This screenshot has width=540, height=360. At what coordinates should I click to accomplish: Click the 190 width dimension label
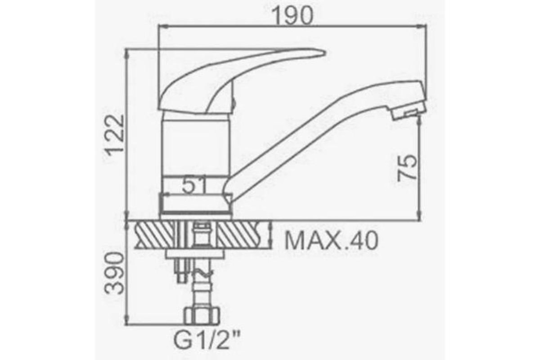click(293, 15)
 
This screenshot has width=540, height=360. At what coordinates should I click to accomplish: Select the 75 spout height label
click(407, 167)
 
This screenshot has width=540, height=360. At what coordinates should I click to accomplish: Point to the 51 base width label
click(194, 185)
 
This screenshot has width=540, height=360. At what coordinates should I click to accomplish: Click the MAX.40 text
click(331, 240)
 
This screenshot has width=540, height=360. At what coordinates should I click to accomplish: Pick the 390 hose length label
click(114, 273)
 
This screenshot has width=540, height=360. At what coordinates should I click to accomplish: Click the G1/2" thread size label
click(207, 341)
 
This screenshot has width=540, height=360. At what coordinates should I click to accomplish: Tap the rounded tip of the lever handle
click(324, 53)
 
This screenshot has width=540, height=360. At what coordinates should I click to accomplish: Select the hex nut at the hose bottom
click(202, 315)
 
